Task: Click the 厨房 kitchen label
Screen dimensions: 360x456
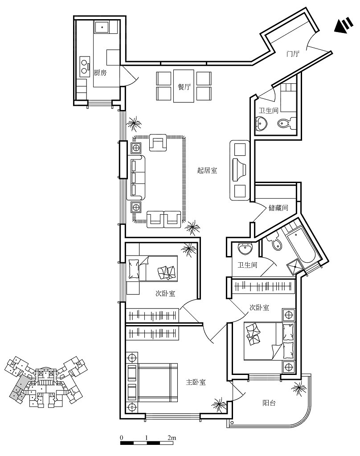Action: pyautogui.click(x=100, y=73)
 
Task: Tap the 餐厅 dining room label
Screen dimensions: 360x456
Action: pyautogui.click(x=184, y=87)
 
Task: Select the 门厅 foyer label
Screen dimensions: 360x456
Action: pyautogui.click(x=293, y=53)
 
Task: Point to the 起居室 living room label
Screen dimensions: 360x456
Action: pyautogui.click(x=207, y=170)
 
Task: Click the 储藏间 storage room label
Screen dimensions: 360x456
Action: pyautogui.click(x=278, y=208)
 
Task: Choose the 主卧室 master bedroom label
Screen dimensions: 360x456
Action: pyautogui.click(x=196, y=382)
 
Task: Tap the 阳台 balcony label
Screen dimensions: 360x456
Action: pyautogui.click(x=269, y=403)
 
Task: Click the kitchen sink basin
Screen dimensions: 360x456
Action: pyautogui.click(x=102, y=27)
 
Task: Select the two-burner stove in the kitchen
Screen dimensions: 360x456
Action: pyautogui.click(x=84, y=66)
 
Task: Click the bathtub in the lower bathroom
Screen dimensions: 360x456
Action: pyautogui.click(x=301, y=247)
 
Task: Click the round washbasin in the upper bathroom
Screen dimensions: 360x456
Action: pyautogui.click(x=261, y=123)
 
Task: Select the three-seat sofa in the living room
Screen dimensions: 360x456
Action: pyautogui.click(x=136, y=178)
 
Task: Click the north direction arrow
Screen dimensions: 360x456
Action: pyautogui.click(x=344, y=25)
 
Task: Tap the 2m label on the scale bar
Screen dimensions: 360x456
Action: pyautogui.click(x=172, y=438)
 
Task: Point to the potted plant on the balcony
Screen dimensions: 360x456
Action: pyautogui.click(x=299, y=388)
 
